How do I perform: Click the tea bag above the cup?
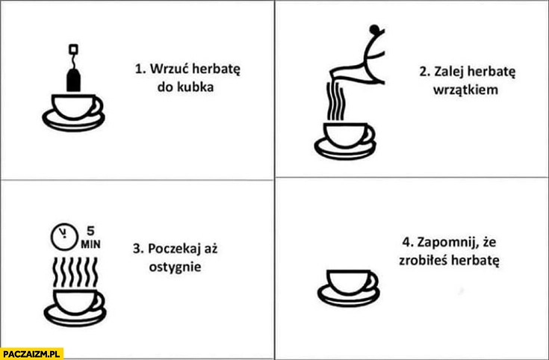click(74, 79)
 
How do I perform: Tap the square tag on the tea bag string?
click(74, 49)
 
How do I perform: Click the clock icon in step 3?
click(63, 238)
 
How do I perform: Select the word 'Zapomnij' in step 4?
click(445, 243)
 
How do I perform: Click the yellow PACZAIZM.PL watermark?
click(31, 353)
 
